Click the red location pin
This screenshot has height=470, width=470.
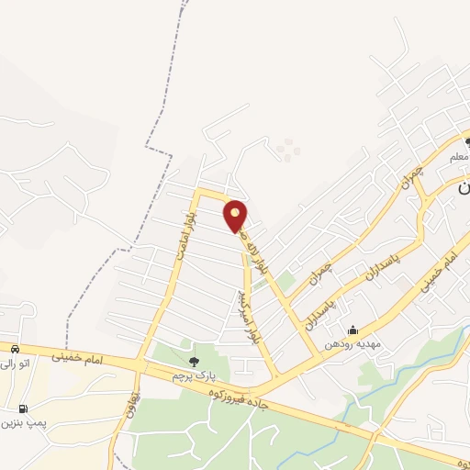click(236, 216)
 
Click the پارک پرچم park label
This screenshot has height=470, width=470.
click(192, 376)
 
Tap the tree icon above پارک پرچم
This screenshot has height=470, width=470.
click(193, 361)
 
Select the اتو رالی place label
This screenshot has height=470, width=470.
click(16, 364)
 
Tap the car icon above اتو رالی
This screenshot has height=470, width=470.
click(16, 349)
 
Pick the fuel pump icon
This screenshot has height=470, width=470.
click(22, 408)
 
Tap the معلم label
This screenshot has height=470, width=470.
click(460, 158)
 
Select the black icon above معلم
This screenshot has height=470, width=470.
click(467, 142)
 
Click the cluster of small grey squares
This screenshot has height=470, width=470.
click(288, 149)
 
